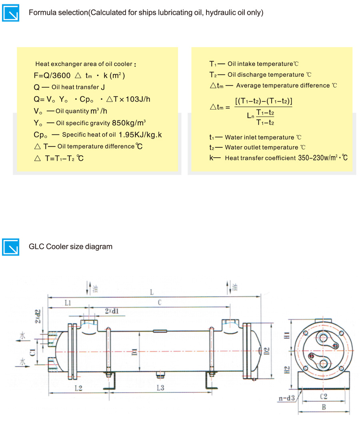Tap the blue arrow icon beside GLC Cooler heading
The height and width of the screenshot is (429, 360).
[11, 247]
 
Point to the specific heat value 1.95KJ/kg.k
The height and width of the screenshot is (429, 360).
[140, 134]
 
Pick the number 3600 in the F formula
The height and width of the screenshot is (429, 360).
[62, 75]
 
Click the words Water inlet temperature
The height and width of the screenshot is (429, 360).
[260, 137]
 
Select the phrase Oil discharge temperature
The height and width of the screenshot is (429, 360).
[266, 75]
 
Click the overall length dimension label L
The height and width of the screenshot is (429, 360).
[152, 293]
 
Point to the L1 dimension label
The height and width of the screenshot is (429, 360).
[68, 303]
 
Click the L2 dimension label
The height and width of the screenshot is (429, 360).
[78, 388]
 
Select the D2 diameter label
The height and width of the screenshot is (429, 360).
[267, 351]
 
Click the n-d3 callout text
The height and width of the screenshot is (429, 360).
[286, 398]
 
